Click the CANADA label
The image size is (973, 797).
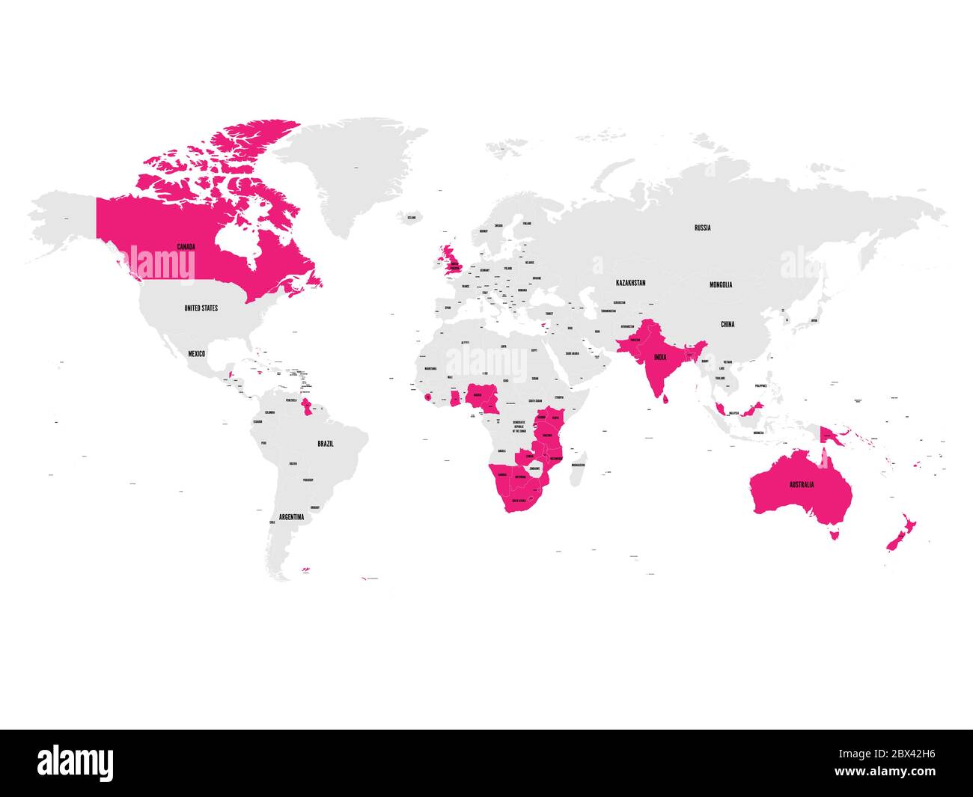tap(186, 246)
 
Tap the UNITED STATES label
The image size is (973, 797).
tap(201, 308)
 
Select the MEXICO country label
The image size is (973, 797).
tap(197, 353)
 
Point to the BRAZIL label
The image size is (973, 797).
tap(326, 444)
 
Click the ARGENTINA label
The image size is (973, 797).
tap(291, 517)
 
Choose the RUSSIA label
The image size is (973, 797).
tap(702, 228)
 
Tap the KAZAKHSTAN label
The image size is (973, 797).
tap(630, 283)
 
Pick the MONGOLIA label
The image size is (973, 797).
tap(722, 284)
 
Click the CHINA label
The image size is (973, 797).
tap(728, 324)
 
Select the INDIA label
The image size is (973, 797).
tap(659, 358)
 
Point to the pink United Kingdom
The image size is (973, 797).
tap(453, 258)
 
